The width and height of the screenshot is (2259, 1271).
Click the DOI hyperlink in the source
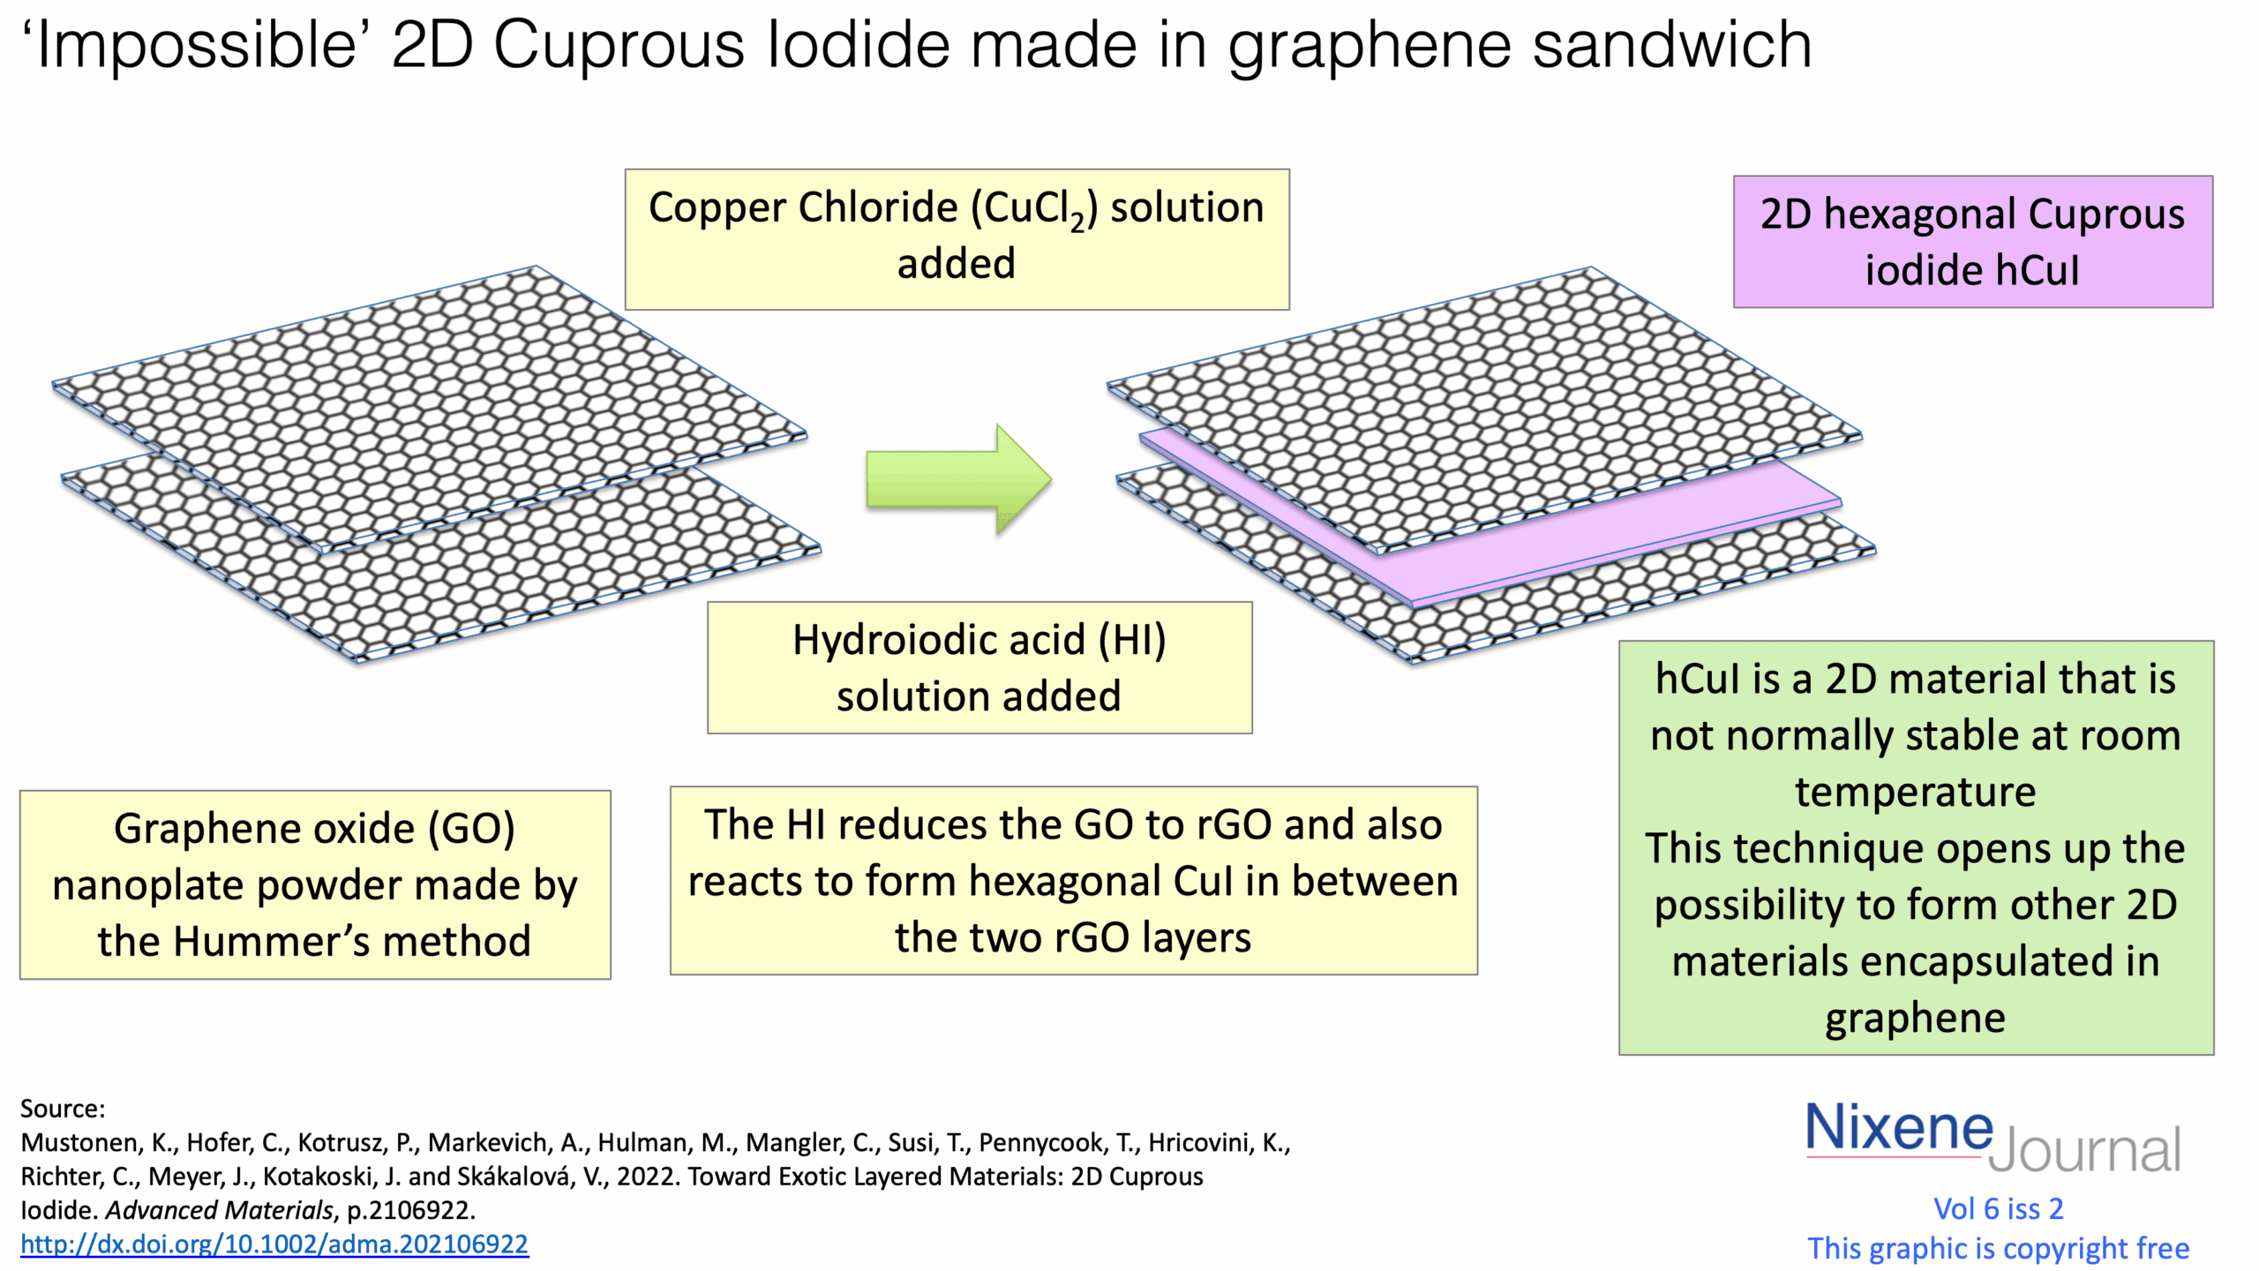(274, 1244)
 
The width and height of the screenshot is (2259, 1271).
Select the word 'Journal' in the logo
(2084, 1150)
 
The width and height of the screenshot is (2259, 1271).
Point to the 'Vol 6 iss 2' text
(1998, 1208)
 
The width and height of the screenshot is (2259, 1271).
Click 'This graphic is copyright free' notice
(1998, 1248)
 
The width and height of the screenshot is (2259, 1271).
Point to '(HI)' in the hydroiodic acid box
(1131, 640)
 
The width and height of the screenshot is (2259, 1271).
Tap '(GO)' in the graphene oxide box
(471, 829)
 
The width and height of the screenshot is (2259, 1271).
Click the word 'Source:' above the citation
(63, 1109)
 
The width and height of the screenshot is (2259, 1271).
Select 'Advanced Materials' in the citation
(219, 1210)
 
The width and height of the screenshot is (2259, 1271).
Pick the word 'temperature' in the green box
(1915, 792)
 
